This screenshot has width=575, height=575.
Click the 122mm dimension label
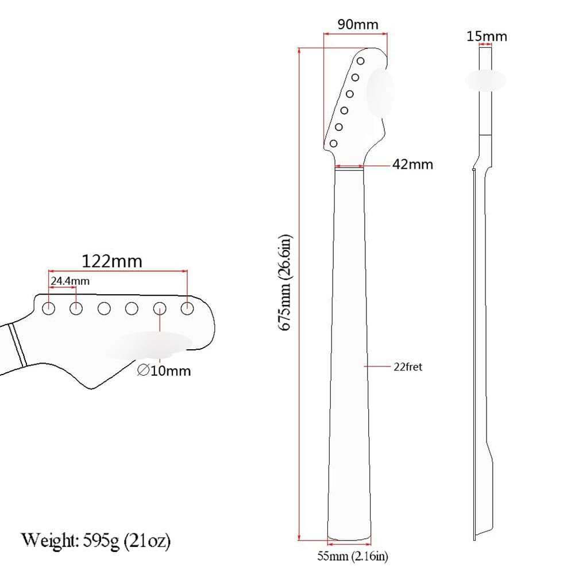pyautogui.click(x=111, y=261)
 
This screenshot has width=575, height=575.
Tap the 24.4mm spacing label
pyautogui.click(x=70, y=281)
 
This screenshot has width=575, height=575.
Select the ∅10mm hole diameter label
pyautogui.click(x=164, y=371)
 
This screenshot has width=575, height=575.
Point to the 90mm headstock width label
pyautogui.click(x=358, y=25)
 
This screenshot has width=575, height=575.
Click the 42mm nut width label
pyautogui.click(x=412, y=164)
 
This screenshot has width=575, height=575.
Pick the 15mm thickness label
pyautogui.click(x=487, y=37)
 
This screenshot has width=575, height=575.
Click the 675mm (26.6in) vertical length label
pyautogui.click(x=285, y=281)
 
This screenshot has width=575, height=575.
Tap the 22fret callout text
pyautogui.click(x=408, y=366)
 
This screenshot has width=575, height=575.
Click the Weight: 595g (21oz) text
pyautogui.click(x=97, y=541)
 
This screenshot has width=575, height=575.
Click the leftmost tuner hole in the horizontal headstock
pyautogui.click(x=49, y=308)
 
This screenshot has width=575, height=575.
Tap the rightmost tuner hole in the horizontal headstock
pyautogui.click(x=187, y=308)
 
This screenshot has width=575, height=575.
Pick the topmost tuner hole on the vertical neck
pyautogui.click(x=360, y=61)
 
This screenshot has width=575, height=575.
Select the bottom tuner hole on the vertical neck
pyautogui.click(x=333, y=143)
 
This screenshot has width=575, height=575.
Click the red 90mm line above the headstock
pyautogui.click(x=356, y=34)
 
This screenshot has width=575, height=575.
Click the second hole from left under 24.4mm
pyautogui.click(x=76, y=308)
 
